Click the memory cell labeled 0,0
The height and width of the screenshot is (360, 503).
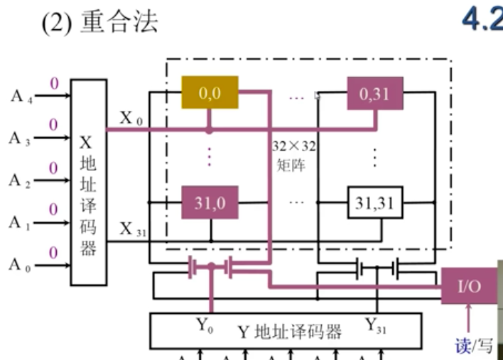(x=210, y=92)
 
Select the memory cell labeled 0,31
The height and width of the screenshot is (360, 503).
(x=374, y=93)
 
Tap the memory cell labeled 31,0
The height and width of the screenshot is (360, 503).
(x=210, y=202)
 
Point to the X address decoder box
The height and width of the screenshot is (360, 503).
(x=88, y=182)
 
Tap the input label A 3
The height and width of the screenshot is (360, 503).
(x=21, y=138)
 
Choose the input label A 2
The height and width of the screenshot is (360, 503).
(x=21, y=180)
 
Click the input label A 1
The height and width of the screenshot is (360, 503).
(x=21, y=222)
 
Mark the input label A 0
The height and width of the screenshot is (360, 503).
(x=21, y=264)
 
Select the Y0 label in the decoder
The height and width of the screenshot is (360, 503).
(x=205, y=327)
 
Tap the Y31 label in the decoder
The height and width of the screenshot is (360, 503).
(x=376, y=327)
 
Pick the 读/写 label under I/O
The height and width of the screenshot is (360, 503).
(x=474, y=345)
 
